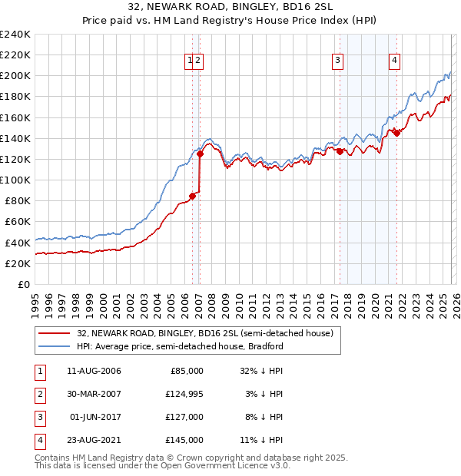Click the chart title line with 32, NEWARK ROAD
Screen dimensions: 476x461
[230, 7]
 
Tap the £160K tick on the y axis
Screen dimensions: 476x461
[15, 117]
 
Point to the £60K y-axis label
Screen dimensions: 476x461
[17, 222]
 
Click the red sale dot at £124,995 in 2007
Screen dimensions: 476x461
[200, 154]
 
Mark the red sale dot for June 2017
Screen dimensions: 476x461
[340, 152]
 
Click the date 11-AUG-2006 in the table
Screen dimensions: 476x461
[94, 370]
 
